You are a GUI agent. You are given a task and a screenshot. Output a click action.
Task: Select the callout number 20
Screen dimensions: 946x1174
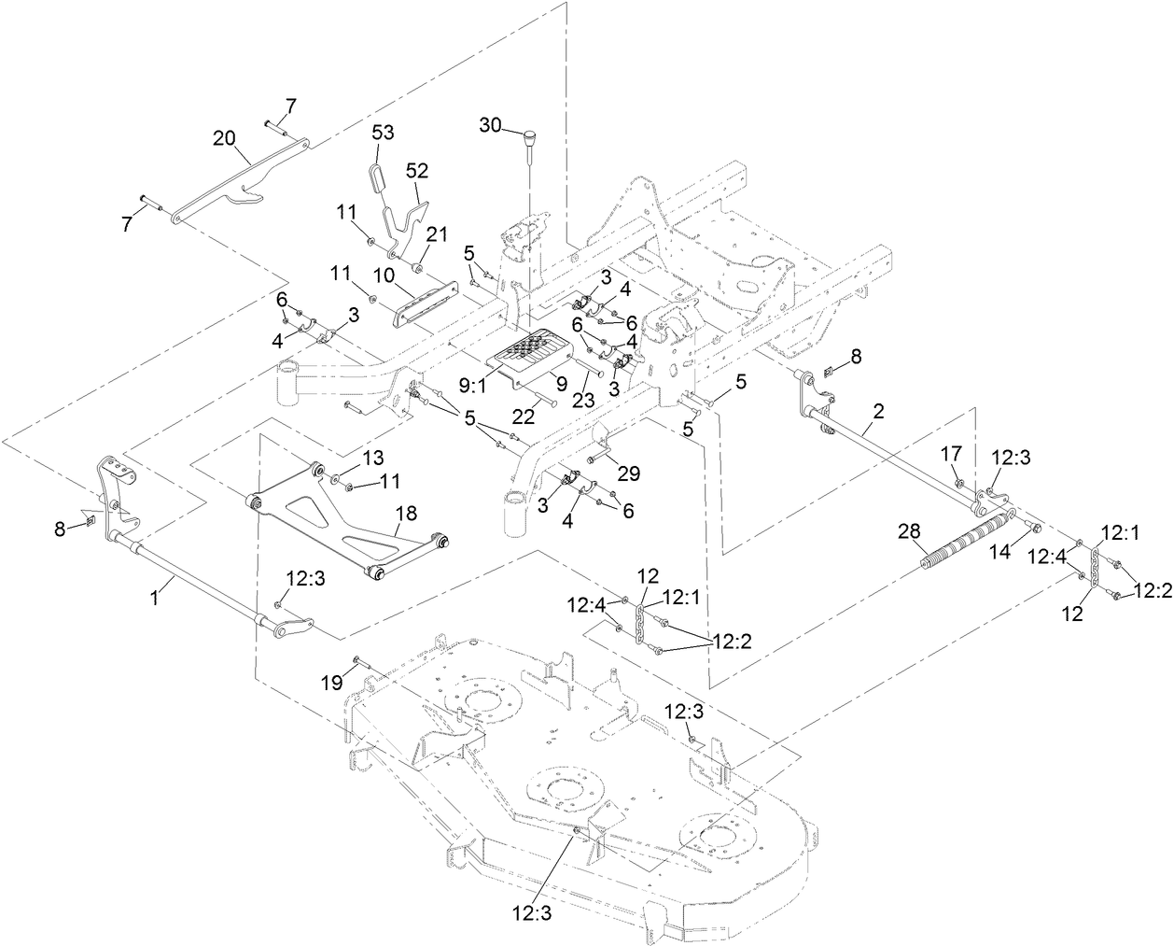224,136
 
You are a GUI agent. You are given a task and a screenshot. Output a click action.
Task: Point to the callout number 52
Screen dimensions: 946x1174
416,171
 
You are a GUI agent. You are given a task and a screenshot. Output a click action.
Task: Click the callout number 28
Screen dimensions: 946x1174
909,530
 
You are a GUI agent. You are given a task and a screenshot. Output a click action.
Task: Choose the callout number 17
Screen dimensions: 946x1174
951,455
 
